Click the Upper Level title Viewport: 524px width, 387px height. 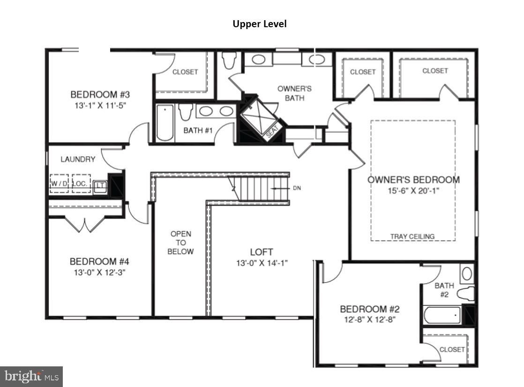259,24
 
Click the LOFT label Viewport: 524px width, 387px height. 262,252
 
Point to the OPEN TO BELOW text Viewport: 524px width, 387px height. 181,243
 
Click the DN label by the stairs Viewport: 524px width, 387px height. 297,188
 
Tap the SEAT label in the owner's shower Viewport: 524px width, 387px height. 272,130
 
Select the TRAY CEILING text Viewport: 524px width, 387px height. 412,236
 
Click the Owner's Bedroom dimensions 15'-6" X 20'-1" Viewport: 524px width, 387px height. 413,191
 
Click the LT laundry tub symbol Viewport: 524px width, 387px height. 99,186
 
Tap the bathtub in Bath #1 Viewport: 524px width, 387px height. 165,123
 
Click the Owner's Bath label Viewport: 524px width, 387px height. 294,93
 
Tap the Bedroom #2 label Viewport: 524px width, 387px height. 369,309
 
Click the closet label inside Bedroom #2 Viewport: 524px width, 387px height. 452,349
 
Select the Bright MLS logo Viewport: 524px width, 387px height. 31,376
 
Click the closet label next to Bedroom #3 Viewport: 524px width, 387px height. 185,72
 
